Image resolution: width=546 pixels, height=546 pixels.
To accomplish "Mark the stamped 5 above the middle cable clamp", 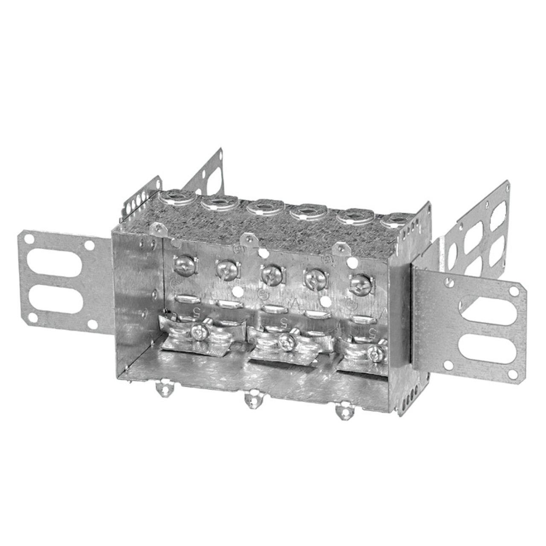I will click(282, 321).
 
